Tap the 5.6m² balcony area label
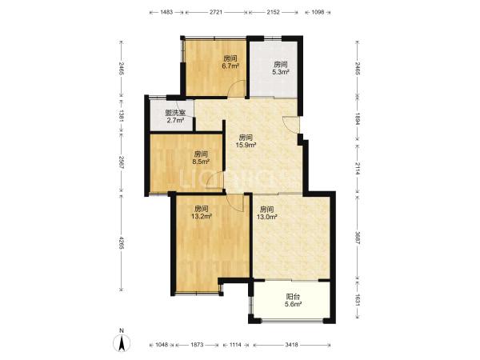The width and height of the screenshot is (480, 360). [x=294, y=304]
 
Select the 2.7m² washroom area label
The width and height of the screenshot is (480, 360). [x=175, y=120]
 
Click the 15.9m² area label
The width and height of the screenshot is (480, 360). [x=246, y=145]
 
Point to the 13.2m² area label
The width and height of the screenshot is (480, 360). [x=202, y=217]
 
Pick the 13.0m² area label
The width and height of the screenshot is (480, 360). [x=267, y=217]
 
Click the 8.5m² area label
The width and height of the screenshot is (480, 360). [x=201, y=162]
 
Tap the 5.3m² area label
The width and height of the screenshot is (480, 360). [x=281, y=72]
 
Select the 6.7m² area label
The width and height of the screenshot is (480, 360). [x=230, y=66]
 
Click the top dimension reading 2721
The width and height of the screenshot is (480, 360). [x=216, y=12]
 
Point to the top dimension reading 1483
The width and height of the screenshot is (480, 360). [x=166, y=12]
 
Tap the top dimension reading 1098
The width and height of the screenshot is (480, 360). [x=318, y=12]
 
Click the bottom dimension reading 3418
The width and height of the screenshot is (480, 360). [x=291, y=345]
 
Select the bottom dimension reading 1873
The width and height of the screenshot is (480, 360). [x=197, y=345]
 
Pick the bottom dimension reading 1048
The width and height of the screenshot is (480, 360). [x=162, y=345]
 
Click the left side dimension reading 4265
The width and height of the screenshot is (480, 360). [x=122, y=242]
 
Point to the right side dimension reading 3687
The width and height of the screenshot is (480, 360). [x=358, y=238]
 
